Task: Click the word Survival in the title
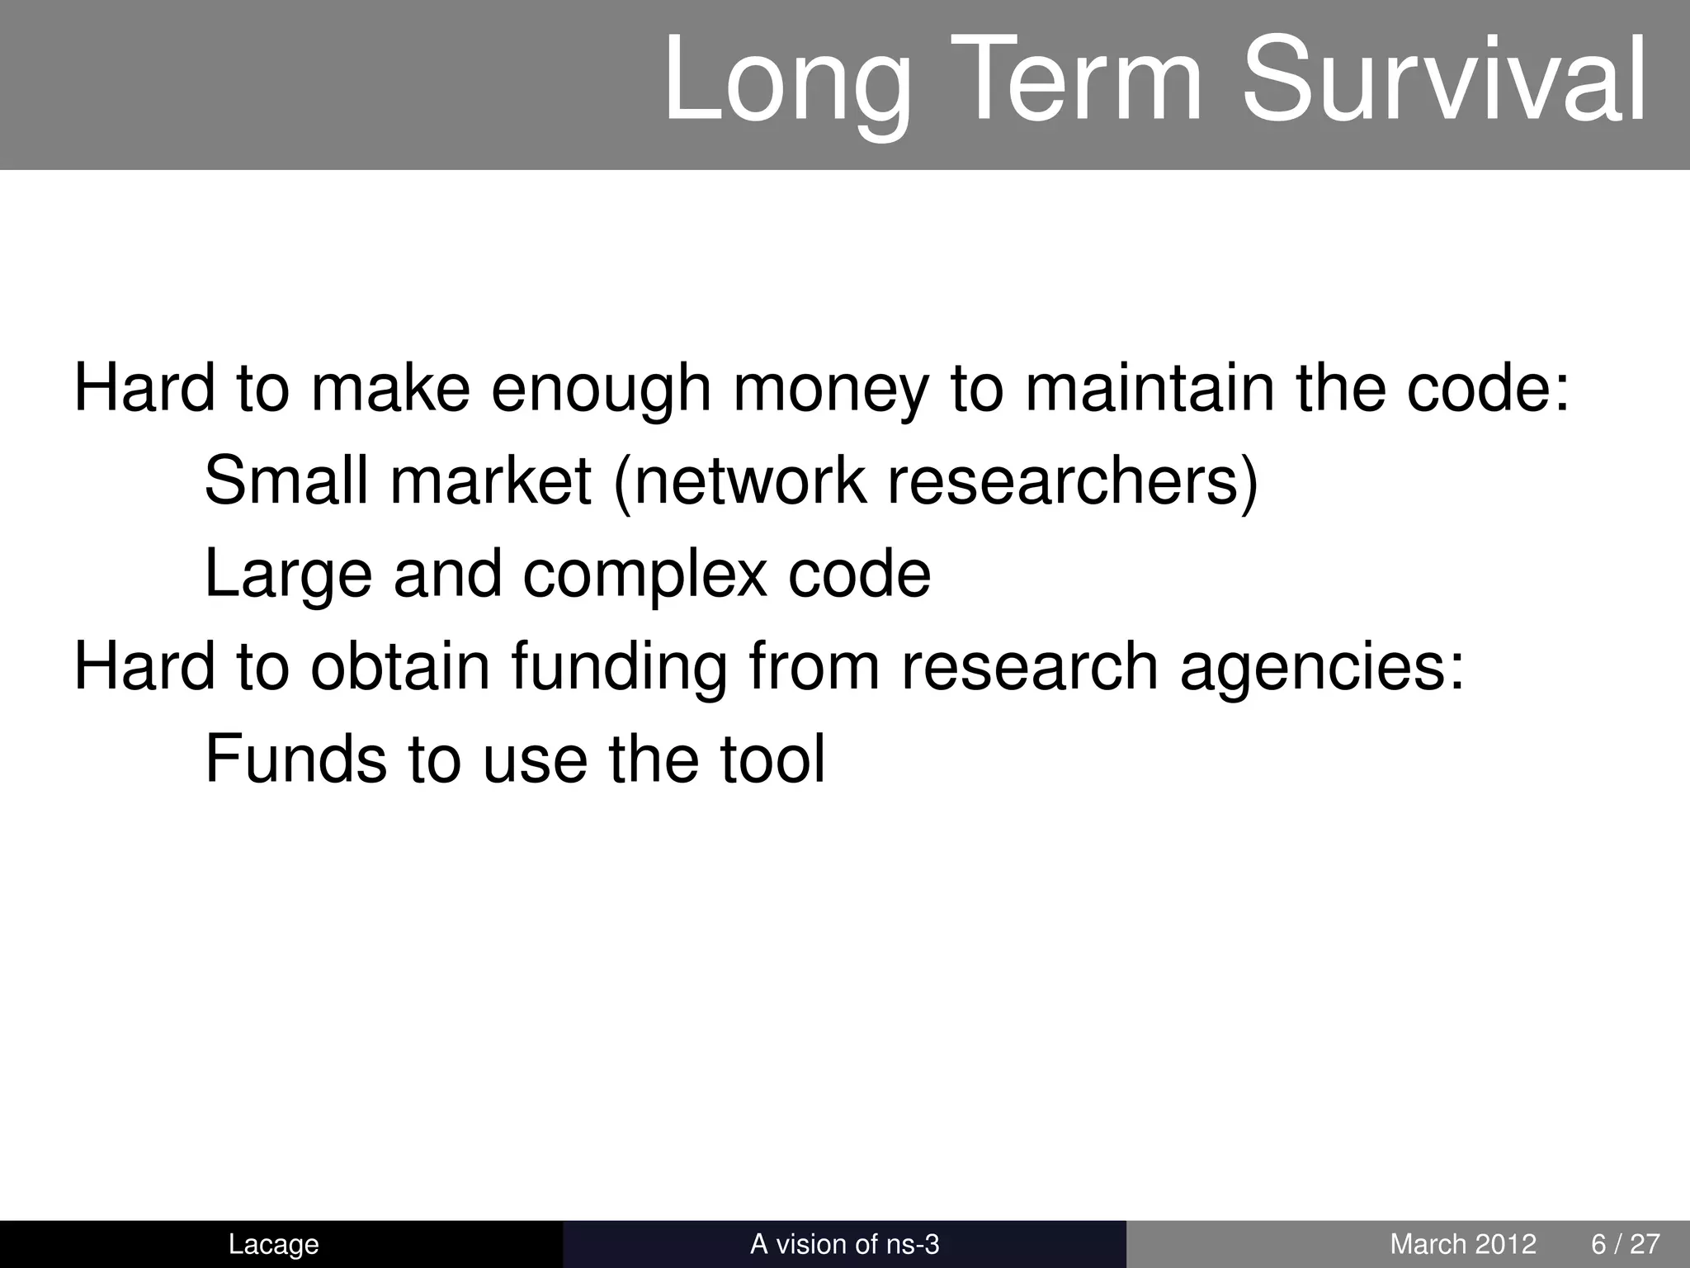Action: (1443, 83)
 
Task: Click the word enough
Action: (601, 391)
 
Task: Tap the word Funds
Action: (295, 759)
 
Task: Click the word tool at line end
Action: (772, 759)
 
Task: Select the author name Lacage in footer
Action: (273, 1244)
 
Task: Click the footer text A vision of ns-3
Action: (844, 1244)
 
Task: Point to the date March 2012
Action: (1463, 1244)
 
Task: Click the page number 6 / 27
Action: (1625, 1244)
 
